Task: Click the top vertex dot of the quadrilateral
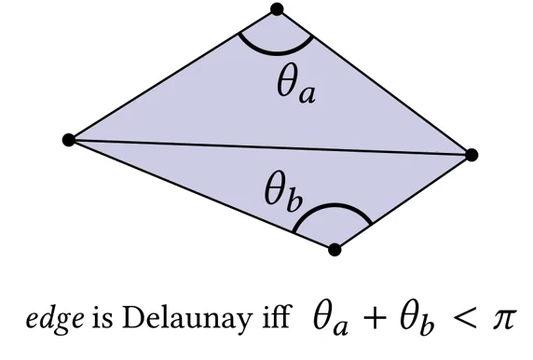point(278,9)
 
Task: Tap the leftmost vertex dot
point(69,140)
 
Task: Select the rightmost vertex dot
point(471,155)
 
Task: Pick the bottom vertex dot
point(335,249)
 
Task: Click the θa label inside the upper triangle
point(296,84)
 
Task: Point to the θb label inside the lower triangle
point(283,191)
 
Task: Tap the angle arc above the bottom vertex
point(334,206)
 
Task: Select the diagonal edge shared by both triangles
point(270,147)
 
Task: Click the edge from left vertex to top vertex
point(173,75)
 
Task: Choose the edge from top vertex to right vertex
point(375,82)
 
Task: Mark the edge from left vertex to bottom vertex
point(201,194)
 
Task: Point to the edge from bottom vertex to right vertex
point(403,202)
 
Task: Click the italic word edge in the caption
point(55,320)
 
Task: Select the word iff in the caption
point(277,317)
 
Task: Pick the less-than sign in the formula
point(465,319)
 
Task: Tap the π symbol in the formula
point(505,321)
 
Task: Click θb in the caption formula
point(417,319)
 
